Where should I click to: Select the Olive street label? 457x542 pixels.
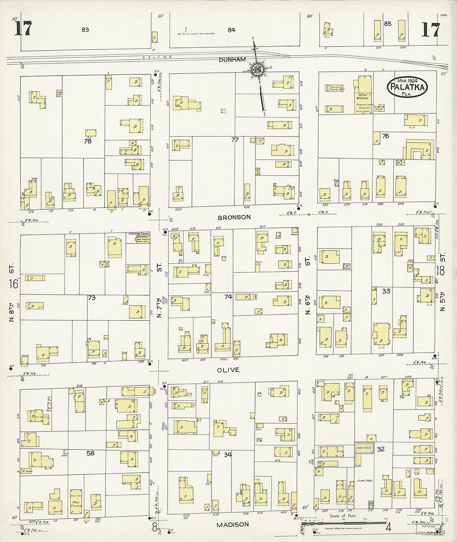[228, 370]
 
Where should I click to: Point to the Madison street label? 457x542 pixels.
[233, 525]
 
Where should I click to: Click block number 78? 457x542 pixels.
[87, 141]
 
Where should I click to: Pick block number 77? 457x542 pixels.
[235, 140]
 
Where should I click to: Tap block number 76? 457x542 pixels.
[385, 136]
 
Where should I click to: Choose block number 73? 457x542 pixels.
[91, 297]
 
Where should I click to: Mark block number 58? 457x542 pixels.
[90, 453]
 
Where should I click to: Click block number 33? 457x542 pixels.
[386, 291]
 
